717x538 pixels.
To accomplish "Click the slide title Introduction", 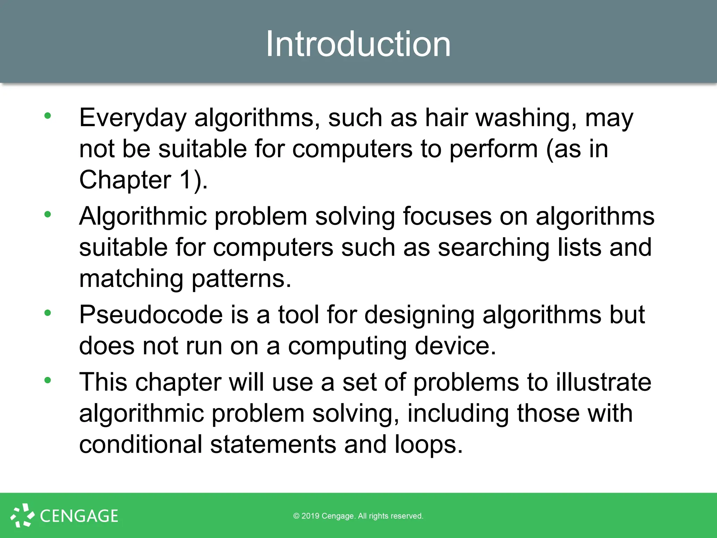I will point(358,44).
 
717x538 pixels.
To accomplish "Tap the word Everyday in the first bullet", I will point(133,118).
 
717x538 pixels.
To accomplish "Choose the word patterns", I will point(241,279).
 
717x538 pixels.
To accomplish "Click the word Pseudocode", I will point(151,315).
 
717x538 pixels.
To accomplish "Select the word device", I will point(455,346).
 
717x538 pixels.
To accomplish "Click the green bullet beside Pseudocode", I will point(48,313).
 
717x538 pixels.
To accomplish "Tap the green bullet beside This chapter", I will point(48,380).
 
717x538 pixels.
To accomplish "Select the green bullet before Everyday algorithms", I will point(48,116).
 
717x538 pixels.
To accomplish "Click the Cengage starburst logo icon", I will point(22,515).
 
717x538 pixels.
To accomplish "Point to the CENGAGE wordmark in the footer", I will point(79,516).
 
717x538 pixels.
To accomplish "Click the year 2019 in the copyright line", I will point(310,516).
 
